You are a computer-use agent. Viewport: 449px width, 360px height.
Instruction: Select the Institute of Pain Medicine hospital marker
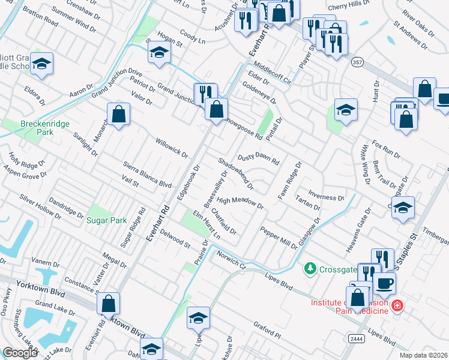coord(396,307)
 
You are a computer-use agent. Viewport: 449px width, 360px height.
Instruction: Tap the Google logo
coord(20,353)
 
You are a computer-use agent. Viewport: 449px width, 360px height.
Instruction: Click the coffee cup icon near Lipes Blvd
coord(384,282)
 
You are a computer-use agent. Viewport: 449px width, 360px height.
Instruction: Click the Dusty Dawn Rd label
coord(259,157)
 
